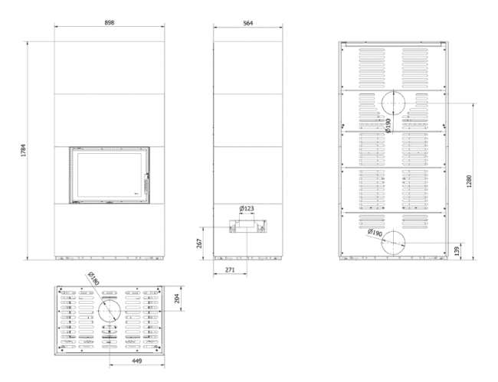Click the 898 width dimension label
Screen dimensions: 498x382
tap(110, 22)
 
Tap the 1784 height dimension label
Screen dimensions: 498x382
tap(23, 151)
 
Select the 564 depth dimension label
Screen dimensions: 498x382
tap(247, 23)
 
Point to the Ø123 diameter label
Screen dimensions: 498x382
tap(247, 208)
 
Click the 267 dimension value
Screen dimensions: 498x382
tap(200, 243)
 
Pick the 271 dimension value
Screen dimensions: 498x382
tap(230, 269)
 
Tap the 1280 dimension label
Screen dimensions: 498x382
tap(470, 181)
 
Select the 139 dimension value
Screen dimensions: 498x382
tap(457, 251)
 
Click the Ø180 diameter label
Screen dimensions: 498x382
tap(93, 278)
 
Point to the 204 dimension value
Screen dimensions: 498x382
tap(177, 299)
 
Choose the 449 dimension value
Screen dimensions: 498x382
tap(137, 361)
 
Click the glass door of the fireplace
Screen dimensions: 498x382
tap(110, 175)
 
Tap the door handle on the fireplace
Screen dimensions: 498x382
tap(146, 184)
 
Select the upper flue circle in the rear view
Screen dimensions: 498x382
tap(394, 91)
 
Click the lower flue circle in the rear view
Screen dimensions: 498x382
tap(394, 231)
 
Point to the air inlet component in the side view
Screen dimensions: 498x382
tap(247, 226)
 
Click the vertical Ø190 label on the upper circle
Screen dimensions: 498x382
tap(388, 126)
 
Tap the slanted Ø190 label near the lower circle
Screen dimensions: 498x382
tap(375, 233)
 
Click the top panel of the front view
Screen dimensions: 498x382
tap(110, 68)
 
